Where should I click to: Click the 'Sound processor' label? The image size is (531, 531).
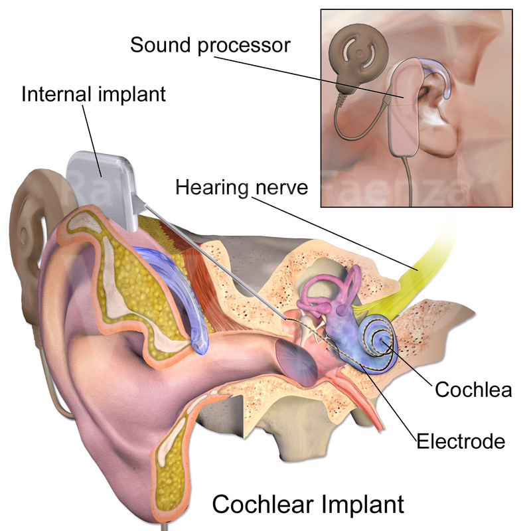(210, 46)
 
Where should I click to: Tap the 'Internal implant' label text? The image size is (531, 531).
(93, 93)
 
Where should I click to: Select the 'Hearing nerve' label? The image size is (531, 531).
(242, 187)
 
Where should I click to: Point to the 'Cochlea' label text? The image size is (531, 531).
(473, 390)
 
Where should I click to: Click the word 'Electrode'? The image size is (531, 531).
(461, 440)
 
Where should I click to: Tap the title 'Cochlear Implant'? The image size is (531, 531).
(307, 504)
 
